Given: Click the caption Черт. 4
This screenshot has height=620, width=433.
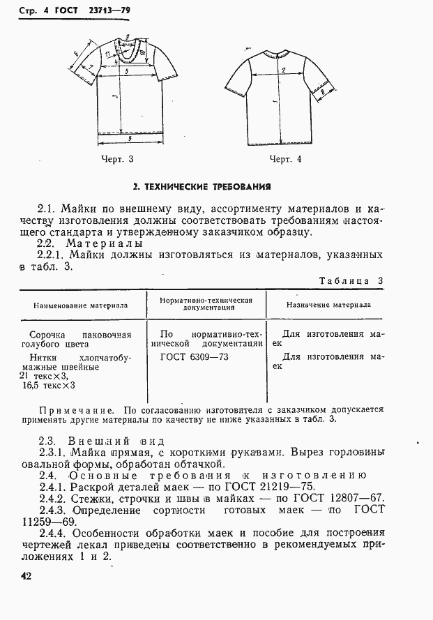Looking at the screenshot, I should [285, 159].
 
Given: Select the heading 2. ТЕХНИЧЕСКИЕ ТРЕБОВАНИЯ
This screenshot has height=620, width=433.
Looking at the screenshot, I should [202, 186].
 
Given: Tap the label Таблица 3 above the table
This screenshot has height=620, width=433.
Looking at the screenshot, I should [351, 281].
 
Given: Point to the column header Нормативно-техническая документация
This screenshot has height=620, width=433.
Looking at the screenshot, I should [206, 303].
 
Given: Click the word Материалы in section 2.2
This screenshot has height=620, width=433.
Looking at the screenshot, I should [104, 243].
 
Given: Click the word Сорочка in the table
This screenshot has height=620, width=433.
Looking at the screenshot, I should [42, 333].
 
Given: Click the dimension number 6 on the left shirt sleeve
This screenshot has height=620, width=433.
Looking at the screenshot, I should [75, 53].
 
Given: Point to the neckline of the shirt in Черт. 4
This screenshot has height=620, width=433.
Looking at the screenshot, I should [278, 54].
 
